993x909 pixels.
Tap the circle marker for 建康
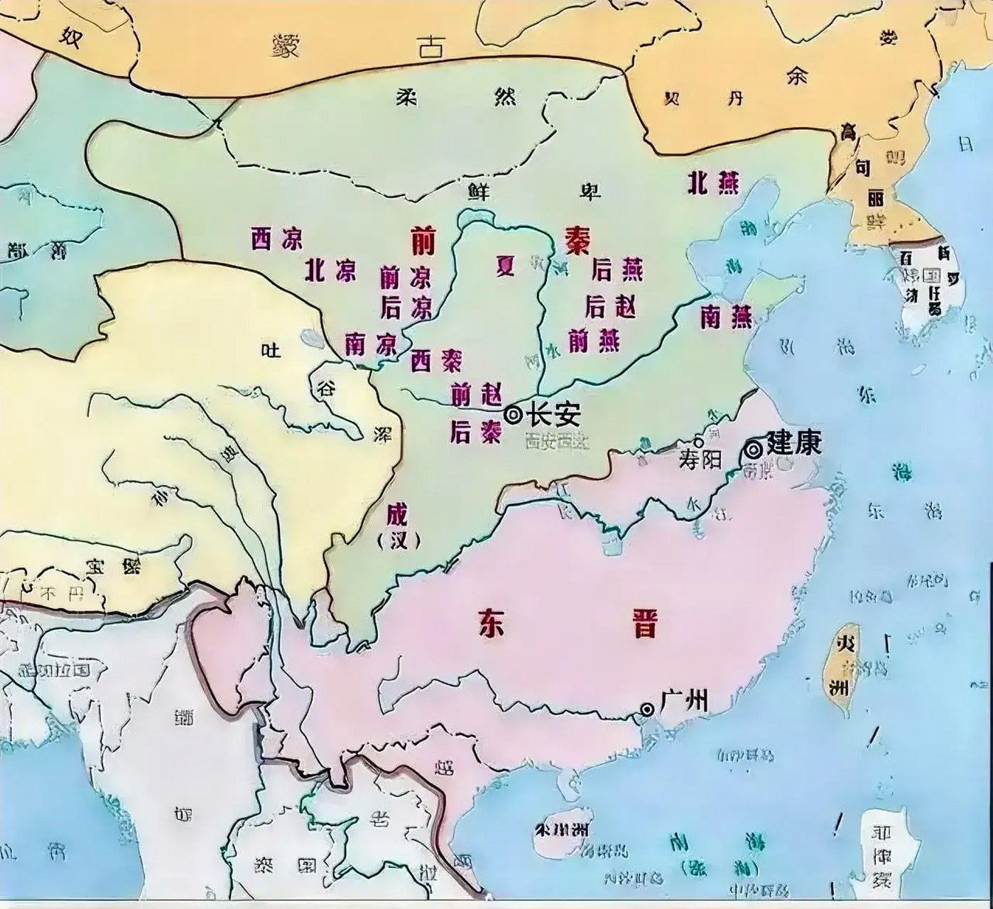click(x=753, y=449)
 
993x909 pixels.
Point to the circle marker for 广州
click(x=647, y=709)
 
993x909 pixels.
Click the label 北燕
click(x=712, y=183)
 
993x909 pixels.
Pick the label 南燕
click(x=726, y=317)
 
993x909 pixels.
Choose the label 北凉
click(x=330, y=271)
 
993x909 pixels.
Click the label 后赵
click(x=610, y=307)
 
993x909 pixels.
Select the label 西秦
click(x=436, y=361)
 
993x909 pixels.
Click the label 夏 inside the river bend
click(x=505, y=266)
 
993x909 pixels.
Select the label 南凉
click(x=370, y=344)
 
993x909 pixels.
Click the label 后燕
click(x=617, y=270)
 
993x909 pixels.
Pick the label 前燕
click(x=594, y=342)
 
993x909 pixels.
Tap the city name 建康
click(x=793, y=444)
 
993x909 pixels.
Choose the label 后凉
click(x=406, y=307)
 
